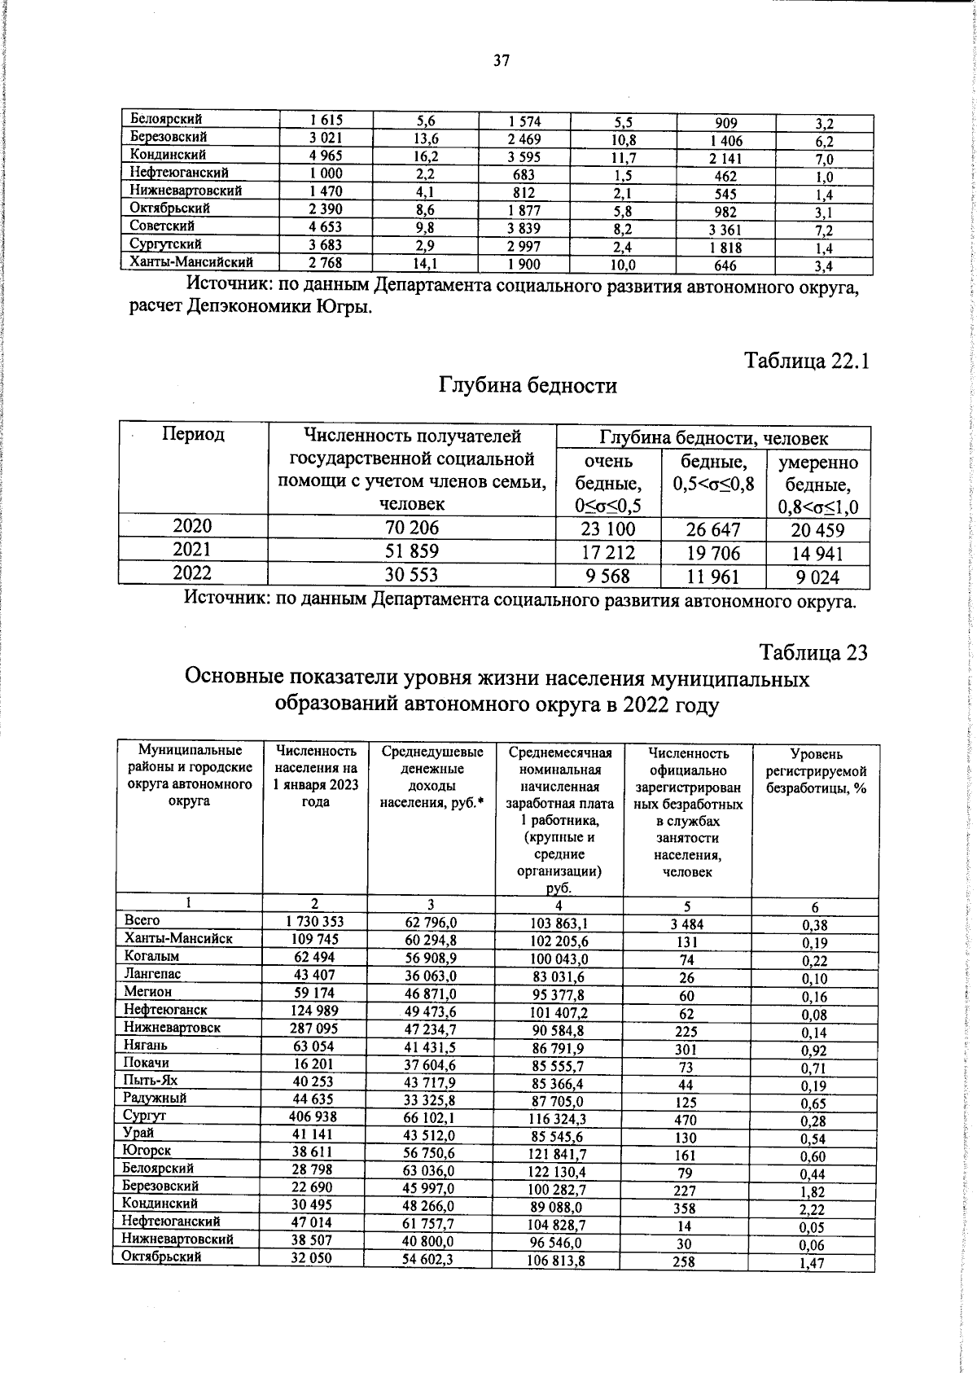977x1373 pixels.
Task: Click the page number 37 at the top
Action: click(501, 60)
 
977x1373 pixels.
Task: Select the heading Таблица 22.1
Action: click(808, 361)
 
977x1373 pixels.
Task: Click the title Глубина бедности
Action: click(528, 385)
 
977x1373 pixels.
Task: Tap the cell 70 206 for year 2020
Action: click(411, 528)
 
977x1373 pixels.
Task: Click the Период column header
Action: click(193, 435)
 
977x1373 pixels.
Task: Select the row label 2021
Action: click(192, 550)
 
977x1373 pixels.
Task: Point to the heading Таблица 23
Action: click(813, 652)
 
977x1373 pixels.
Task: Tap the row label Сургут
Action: click(144, 1116)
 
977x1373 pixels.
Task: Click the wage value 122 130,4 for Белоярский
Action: click(559, 1173)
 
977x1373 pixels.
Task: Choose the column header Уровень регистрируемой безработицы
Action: click(816, 770)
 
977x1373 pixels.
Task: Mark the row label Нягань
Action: click(146, 1045)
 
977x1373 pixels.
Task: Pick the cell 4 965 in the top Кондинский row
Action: click(326, 156)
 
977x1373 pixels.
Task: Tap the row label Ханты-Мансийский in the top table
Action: click(192, 262)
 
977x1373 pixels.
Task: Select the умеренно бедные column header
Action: click(817, 485)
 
